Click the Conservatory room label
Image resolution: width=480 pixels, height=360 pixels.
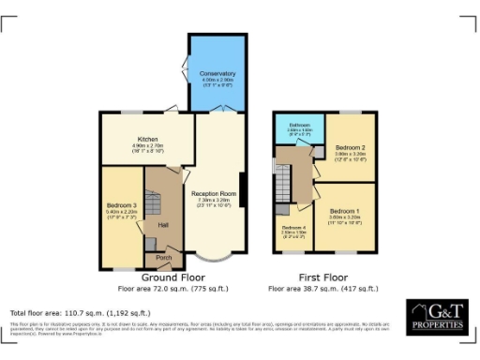pyautogui.click(x=217, y=73)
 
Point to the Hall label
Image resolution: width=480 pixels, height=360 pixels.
pyautogui.click(x=162, y=225)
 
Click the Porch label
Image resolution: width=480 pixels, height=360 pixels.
pyautogui.click(x=163, y=257)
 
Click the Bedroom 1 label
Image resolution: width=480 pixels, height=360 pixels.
pyautogui.click(x=345, y=212)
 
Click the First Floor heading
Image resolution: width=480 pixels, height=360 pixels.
pyautogui.click(x=324, y=278)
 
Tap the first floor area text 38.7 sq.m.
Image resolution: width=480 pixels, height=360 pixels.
pyautogui.click(x=324, y=290)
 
